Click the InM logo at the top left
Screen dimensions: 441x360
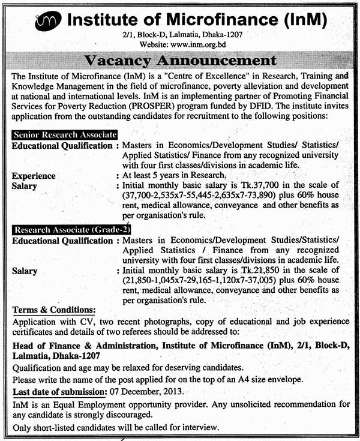click(x=48, y=22)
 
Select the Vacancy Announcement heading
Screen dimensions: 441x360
click(x=180, y=61)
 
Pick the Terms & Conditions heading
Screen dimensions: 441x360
click(x=53, y=310)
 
